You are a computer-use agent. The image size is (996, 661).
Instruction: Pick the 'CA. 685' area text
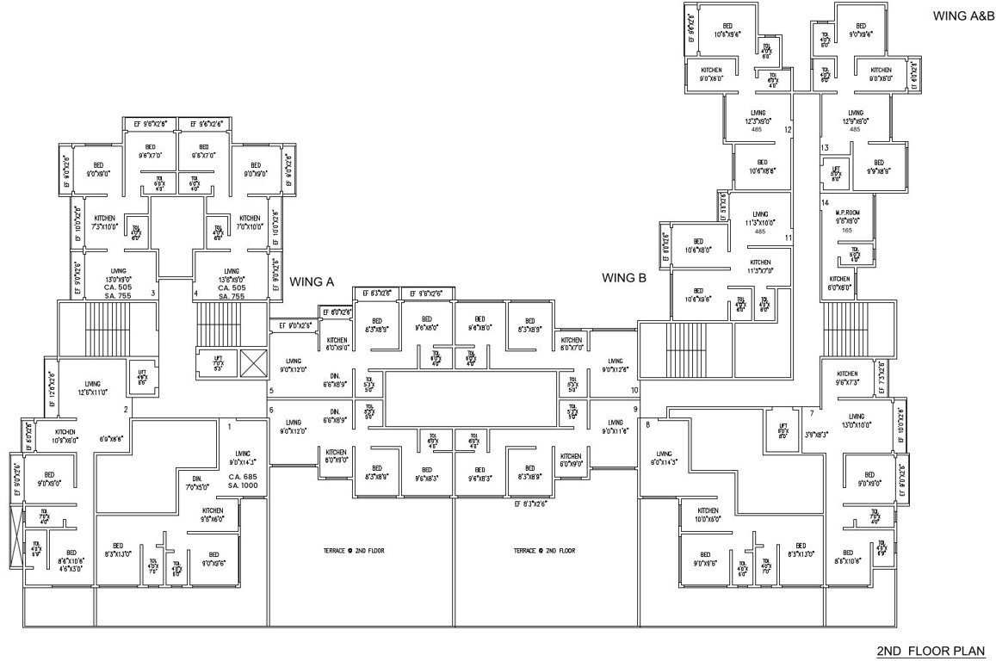point(244,477)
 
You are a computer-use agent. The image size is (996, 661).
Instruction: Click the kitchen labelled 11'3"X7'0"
point(760,266)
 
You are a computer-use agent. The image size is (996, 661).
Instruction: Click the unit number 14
point(825,202)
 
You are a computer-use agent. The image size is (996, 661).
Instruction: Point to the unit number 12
point(787,130)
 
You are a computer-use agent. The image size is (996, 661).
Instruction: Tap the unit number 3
point(153,293)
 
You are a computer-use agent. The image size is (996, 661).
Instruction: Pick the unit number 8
point(647,423)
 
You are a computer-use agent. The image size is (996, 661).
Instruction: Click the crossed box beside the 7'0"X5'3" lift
point(253,361)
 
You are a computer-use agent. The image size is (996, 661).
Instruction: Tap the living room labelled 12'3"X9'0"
point(758,117)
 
